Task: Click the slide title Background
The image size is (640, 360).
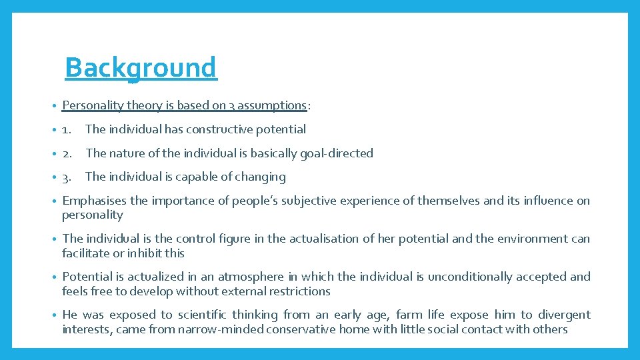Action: coord(141,67)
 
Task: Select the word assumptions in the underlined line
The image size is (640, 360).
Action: coord(271,105)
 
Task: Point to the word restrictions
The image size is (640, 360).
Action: coord(297,291)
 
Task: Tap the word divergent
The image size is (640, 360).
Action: coord(564,315)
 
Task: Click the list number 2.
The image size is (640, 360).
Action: coord(67,153)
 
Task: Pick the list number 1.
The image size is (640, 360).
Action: coord(67,129)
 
